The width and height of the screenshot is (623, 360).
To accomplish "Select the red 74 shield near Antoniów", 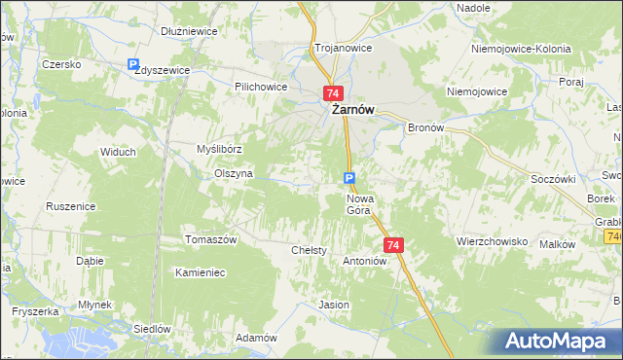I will (393, 246).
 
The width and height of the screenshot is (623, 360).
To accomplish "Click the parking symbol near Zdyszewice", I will (133, 65).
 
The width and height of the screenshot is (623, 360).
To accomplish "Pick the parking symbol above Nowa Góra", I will (349, 177).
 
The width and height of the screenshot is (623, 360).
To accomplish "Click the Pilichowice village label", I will (260, 86).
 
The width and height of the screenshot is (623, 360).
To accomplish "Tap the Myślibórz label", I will (219, 149).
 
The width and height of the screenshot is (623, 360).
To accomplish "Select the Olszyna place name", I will (234, 173).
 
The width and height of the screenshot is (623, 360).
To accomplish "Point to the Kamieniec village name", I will (201, 272).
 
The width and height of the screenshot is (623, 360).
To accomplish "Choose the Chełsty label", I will (310, 250).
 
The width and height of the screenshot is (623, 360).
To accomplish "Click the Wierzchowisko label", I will (492, 240).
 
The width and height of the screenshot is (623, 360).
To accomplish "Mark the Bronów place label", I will (425, 127).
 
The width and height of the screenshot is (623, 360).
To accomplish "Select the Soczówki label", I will (553, 179).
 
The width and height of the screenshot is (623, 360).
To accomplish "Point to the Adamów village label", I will (257, 338).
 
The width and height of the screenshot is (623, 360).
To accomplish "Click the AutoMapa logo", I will (558, 341).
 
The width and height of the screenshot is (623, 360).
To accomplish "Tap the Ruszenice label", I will (70, 206).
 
